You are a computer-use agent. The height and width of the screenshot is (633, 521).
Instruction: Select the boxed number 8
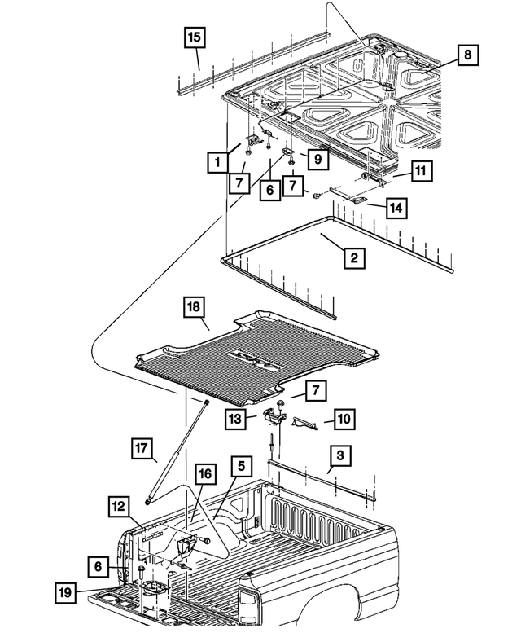tap(466, 55)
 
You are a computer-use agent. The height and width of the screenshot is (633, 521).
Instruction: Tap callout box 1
tap(217, 163)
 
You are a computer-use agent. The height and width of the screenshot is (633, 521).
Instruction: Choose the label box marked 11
tap(420, 172)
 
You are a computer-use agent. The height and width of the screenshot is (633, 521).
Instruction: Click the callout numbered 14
tap(396, 209)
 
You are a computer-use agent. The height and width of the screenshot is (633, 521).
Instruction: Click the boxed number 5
tap(240, 467)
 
